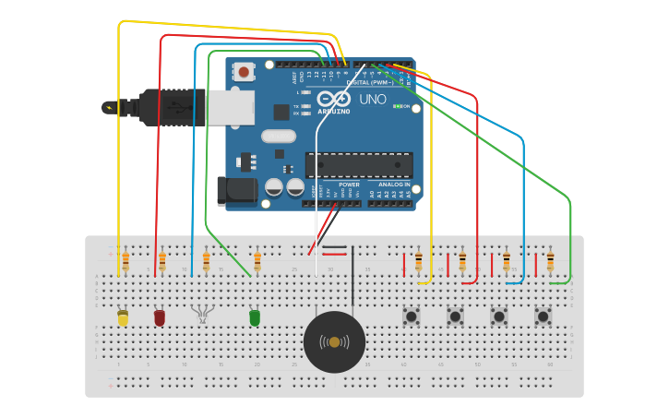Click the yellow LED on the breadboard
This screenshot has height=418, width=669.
pos(123,318)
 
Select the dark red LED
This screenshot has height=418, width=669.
pos(160,317)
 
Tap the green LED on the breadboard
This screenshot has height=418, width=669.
pos(255,317)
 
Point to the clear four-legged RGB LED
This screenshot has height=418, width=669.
pos(201,315)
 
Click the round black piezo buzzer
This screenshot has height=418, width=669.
pos(334,342)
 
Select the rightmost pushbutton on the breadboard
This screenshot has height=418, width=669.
pos(543,316)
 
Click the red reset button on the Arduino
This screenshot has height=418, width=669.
pos(244,71)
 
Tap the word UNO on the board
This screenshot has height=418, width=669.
pos(373,100)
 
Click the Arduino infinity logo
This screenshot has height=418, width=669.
pos(333,99)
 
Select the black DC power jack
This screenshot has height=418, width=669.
pos(236,191)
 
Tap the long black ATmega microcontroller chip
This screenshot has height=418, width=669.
pos(359,165)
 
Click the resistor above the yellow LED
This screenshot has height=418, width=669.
pos(125,262)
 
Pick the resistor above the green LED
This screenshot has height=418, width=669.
pos(257,262)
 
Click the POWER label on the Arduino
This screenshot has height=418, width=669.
pos(349,185)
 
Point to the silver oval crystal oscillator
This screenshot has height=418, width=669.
pos(279,137)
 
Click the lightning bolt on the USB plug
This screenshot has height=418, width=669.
pos(111,107)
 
